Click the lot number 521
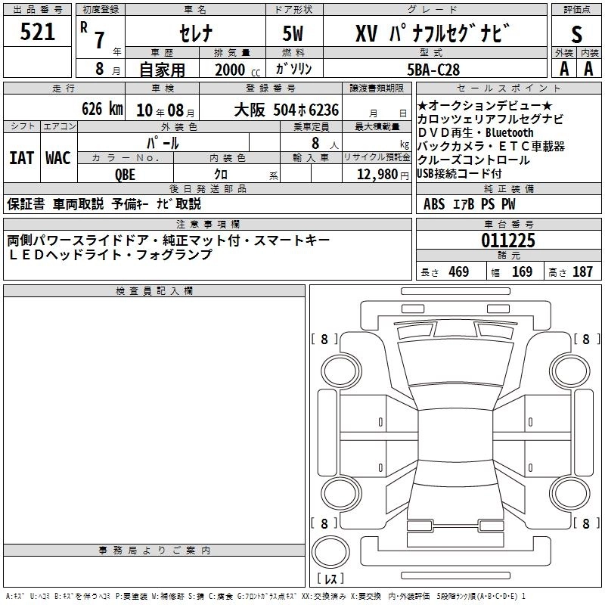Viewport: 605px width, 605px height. (x=37, y=32)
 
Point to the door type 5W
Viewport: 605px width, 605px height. (x=294, y=33)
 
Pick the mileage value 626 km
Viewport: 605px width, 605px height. (x=101, y=109)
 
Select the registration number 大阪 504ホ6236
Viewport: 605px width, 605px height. (x=286, y=109)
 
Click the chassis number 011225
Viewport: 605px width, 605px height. (x=508, y=241)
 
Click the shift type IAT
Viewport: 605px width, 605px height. (x=21, y=157)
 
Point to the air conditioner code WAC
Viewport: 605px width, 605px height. (x=57, y=157)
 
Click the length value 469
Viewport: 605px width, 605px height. (x=458, y=271)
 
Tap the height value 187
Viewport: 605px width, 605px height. (x=582, y=271)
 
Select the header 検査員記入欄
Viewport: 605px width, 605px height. (x=154, y=291)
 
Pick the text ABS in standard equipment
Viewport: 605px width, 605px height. (x=434, y=203)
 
